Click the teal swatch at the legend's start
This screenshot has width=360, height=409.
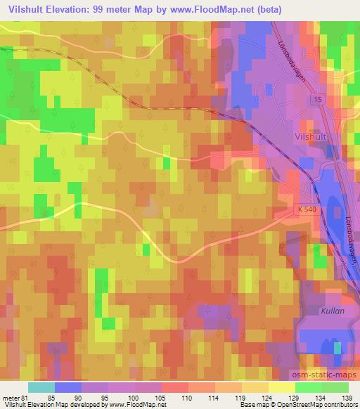click(41, 387)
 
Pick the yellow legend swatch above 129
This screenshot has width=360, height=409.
click(281, 387)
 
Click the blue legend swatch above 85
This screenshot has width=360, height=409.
click(68, 387)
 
